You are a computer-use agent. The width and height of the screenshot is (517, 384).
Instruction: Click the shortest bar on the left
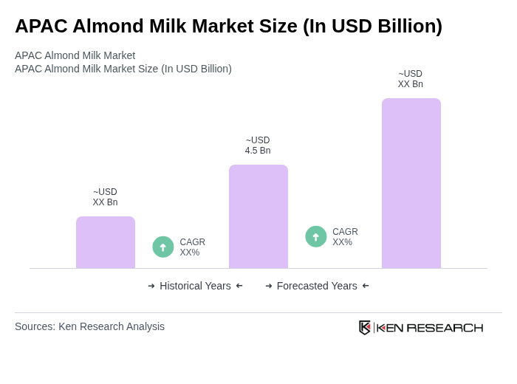106,242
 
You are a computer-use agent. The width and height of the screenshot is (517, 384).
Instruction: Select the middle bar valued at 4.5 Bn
258,216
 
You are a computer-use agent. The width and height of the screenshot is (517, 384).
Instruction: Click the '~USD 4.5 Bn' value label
258,145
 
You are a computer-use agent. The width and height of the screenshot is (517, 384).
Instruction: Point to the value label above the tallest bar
411,79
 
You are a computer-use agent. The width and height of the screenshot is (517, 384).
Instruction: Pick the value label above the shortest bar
105,197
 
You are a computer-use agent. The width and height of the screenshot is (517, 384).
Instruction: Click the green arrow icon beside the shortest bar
163,247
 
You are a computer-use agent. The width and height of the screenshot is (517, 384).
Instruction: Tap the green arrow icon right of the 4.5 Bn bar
315,237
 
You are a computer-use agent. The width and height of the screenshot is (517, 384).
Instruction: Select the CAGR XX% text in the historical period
192,247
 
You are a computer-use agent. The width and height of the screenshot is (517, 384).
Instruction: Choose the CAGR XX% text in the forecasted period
345,237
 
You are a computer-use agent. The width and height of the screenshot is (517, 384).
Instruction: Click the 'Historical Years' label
195,286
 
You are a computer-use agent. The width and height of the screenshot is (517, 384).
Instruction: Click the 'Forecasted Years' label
317,286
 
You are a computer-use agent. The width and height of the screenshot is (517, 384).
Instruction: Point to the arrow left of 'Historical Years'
151,286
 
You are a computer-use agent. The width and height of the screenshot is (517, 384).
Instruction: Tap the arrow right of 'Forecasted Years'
366,286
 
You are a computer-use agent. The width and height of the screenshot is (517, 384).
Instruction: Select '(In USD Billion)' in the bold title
372,26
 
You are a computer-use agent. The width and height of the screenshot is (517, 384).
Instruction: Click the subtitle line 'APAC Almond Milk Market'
75,55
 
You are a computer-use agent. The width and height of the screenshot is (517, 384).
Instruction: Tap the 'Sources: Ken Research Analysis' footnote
89,326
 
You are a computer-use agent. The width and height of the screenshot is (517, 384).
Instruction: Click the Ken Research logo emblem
365,327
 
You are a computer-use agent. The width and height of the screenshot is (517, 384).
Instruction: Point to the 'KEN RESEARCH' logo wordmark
430,328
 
